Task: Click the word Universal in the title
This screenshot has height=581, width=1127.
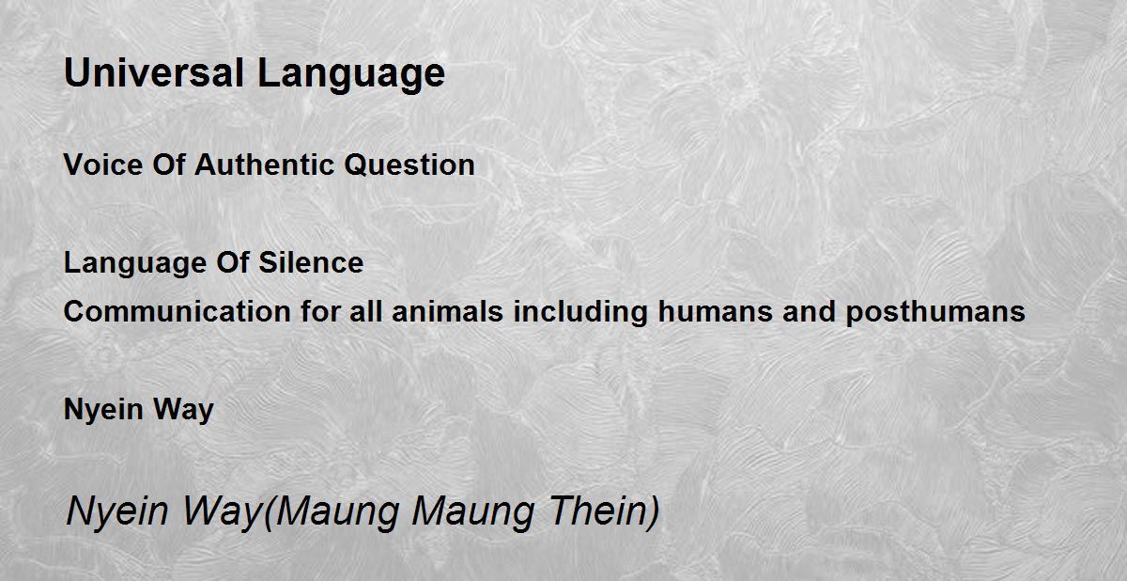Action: point(154,72)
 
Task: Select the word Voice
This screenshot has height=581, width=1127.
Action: point(103,165)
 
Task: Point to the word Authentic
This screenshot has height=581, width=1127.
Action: point(265,165)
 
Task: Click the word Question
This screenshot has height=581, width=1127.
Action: point(409,165)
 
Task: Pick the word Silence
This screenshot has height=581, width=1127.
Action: point(311,262)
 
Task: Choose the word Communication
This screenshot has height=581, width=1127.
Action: point(178,311)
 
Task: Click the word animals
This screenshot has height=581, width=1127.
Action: point(448,311)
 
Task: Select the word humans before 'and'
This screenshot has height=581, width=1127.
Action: point(715,311)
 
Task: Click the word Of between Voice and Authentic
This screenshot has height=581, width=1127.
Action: point(169,165)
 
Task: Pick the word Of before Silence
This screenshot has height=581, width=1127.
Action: point(233,262)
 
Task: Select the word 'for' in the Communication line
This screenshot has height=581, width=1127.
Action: point(320,311)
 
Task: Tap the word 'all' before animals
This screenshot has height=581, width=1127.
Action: point(365,311)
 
